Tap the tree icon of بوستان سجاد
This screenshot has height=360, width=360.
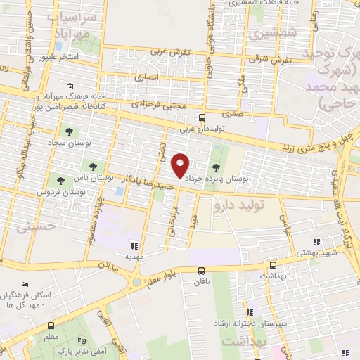(69, 131)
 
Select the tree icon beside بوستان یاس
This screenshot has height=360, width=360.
(93, 166)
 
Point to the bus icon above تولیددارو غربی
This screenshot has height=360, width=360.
(202, 117)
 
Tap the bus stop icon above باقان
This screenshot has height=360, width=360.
(202, 270)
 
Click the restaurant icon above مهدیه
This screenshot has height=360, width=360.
(134, 246)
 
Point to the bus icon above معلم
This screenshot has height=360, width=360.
(51, 326)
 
